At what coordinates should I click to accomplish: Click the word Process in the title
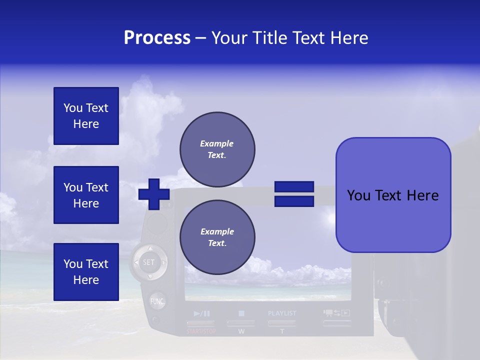[x=157, y=38]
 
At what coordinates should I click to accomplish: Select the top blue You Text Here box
[x=86, y=116]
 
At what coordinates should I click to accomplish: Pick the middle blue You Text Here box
[x=86, y=195]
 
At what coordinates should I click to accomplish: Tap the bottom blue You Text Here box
[x=86, y=271]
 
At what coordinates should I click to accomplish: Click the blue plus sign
[x=154, y=194]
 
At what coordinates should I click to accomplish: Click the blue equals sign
[x=294, y=194]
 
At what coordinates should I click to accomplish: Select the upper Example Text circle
[x=217, y=149]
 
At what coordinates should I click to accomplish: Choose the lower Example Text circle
[x=217, y=237]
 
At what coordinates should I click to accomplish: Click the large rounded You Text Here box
[x=393, y=195]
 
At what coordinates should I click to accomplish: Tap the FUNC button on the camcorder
[x=157, y=301]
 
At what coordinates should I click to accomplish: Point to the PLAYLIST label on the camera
[x=282, y=313]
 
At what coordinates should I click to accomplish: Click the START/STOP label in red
[x=201, y=331]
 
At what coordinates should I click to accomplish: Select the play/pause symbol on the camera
[x=201, y=313]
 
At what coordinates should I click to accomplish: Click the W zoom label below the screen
[x=241, y=331]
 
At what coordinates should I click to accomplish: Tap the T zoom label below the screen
[x=282, y=331]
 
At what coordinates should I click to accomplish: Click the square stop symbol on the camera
[x=241, y=313]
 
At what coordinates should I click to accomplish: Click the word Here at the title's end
[x=350, y=38]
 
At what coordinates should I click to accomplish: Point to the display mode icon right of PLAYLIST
[x=336, y=313]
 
